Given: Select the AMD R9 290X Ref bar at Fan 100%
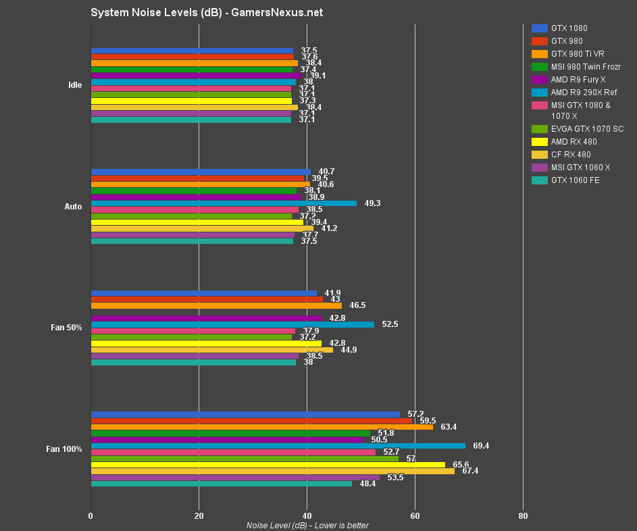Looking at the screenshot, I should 278,446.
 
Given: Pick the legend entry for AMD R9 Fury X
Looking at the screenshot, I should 578,80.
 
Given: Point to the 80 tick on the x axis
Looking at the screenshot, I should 523,516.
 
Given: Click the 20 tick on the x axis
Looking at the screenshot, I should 199,516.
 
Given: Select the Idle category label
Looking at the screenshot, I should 75,85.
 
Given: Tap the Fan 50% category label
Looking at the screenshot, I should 66,328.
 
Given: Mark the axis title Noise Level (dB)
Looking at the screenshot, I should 307,526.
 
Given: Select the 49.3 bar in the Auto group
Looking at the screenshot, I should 224,203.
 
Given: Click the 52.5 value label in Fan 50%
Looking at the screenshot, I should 390,324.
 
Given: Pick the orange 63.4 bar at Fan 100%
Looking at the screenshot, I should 261,427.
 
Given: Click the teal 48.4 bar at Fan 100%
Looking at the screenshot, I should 221,484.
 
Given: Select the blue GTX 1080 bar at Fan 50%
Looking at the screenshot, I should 203,293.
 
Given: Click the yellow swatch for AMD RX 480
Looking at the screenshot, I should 540,142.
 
